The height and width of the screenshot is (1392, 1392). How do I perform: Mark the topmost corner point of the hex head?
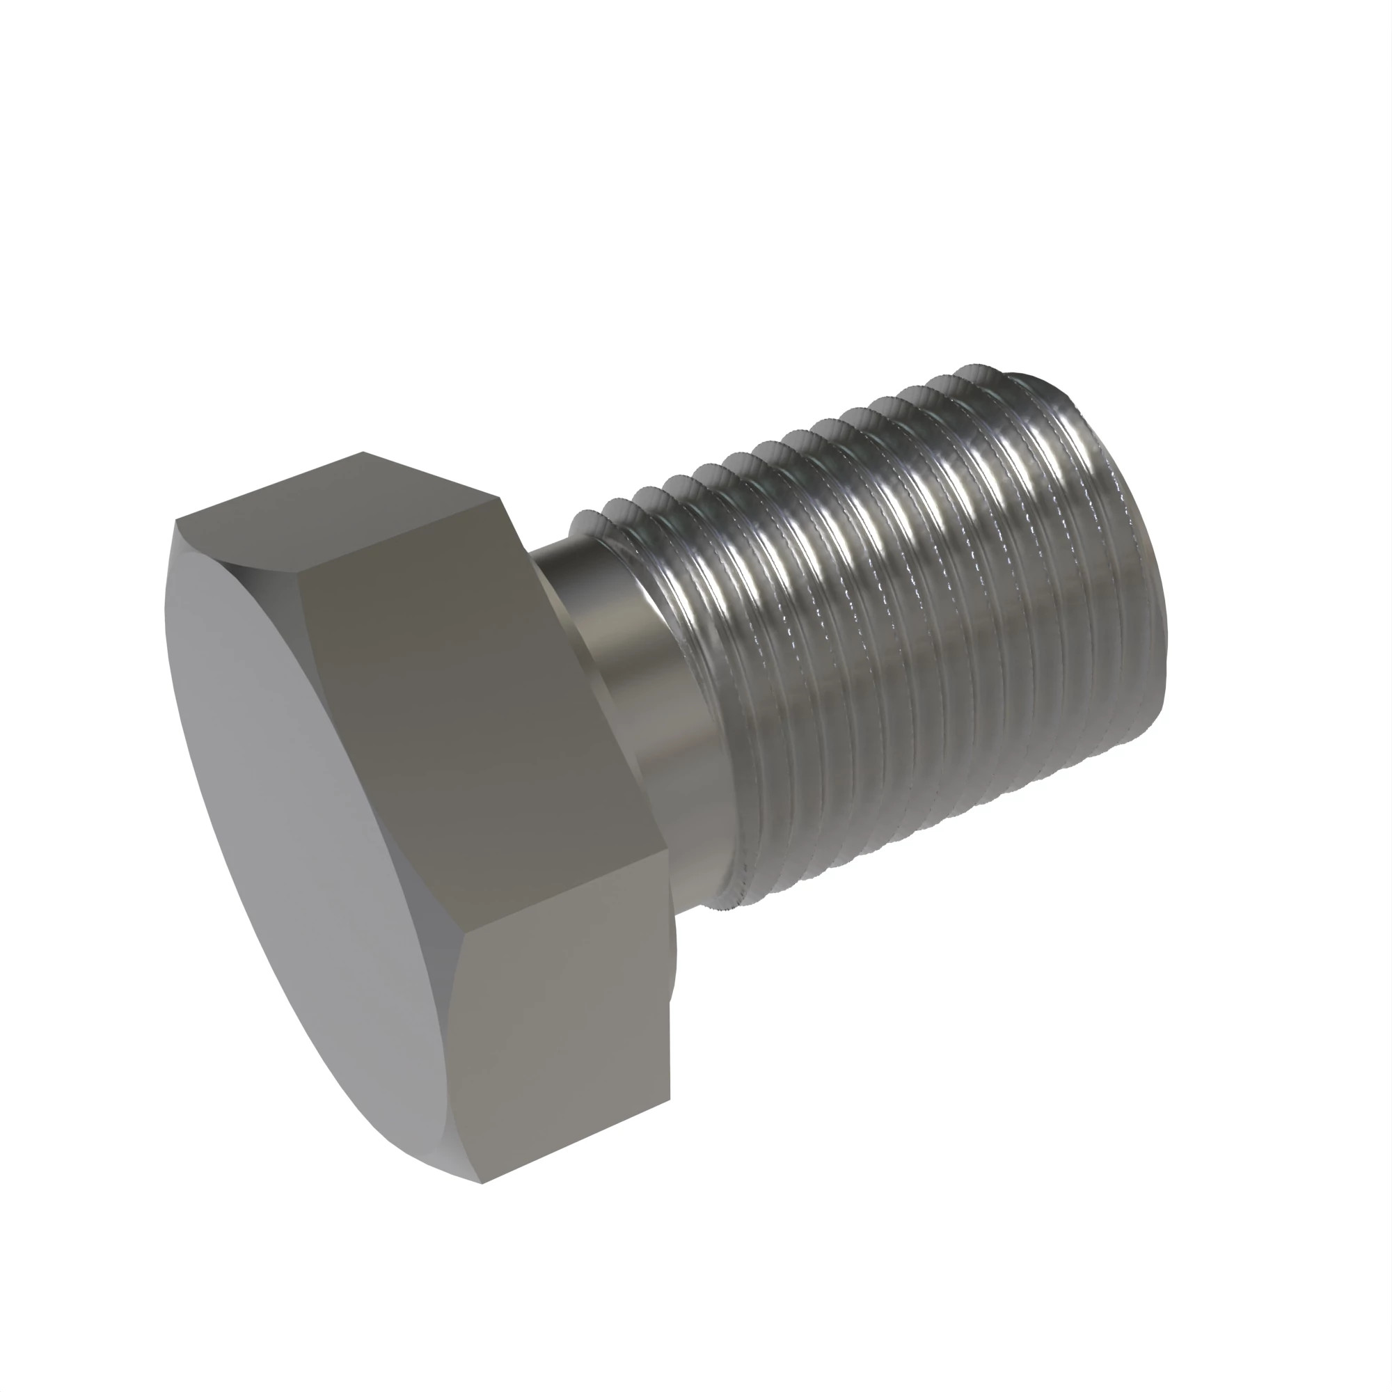coord(363,452)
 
